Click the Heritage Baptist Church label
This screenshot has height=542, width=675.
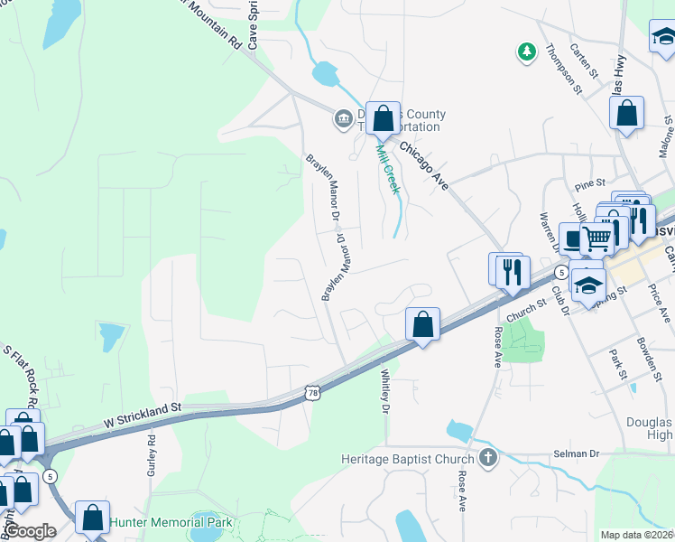[x=409, y=459]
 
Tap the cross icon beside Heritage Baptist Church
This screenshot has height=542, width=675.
[x=488, y=458]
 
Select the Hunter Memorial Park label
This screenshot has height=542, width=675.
[x=171, y=523]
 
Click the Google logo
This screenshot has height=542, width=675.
[x=31, y=531]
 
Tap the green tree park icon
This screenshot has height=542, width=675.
[x=526, y=52]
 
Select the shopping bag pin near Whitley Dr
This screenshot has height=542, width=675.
[x=422, y=323]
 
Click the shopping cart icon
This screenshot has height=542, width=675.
[x=596, y=238]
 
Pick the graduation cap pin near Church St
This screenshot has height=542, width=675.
[x=587, y=285]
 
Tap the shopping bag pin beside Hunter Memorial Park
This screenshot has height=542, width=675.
[x=92, y=518]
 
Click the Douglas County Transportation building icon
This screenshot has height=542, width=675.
[x=343, y=119]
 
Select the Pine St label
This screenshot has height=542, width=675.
[x=588, y=185]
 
